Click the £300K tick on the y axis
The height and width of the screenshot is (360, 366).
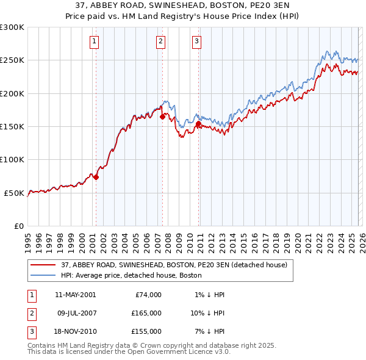(x=12, y=27)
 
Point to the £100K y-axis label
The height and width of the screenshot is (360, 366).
(x=12, y=160)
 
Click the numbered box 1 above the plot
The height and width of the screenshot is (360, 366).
(x=95, y=41)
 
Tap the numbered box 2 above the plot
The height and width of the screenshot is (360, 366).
(x=160, y=41)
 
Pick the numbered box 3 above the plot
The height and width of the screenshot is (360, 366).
(x=197, y=41)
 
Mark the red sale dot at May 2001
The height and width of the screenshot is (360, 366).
(x=96, y=177)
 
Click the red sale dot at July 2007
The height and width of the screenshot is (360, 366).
(x=162, y=117)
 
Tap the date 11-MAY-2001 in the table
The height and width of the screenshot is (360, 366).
(x=75, y=295)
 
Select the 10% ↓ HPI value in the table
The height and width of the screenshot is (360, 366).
(x=207, y=313)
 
